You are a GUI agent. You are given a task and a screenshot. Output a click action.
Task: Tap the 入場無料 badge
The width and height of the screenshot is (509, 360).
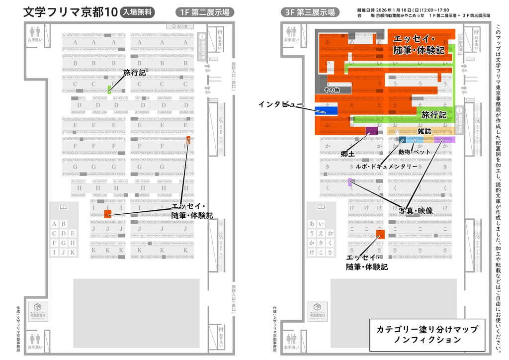pos(138,12)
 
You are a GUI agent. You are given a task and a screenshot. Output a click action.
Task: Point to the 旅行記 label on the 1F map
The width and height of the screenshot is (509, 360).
pos(134,73)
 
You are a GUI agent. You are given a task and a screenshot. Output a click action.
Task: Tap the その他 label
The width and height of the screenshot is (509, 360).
pos(332,90)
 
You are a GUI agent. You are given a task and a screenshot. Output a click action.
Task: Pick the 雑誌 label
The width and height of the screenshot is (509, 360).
pos(424,131)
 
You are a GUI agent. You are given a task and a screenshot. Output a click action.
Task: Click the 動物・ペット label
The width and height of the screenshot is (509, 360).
pos(415,151)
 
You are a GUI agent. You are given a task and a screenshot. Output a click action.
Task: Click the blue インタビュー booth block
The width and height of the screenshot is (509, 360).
pos(326,110)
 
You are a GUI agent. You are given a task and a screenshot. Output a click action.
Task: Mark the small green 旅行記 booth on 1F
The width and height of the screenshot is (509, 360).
pos(109,90)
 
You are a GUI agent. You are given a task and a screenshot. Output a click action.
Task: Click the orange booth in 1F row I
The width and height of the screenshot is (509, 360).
pos(108,214)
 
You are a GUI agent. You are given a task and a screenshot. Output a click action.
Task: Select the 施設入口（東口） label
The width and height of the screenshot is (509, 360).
pos(234,297)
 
